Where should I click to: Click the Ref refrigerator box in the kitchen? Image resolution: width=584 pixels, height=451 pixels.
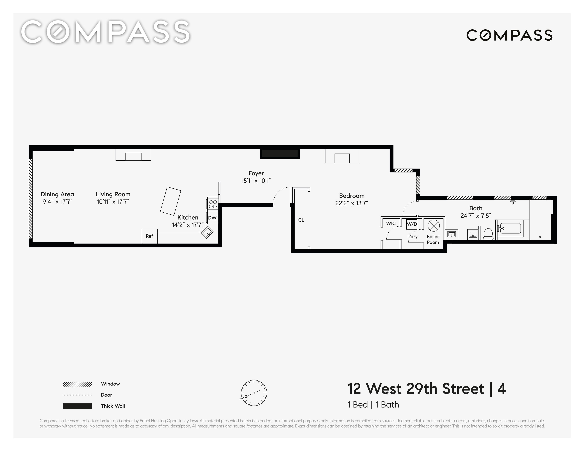click(149, 236)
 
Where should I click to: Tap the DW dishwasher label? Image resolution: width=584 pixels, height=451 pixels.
click(212, 218)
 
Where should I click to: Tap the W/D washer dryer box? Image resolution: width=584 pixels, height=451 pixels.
click(412, 224)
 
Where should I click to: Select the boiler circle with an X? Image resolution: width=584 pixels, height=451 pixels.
click(433, 226)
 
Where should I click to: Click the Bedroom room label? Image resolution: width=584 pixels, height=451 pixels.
click(352, 196)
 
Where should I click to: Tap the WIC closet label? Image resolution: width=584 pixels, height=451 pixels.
click(391, 224)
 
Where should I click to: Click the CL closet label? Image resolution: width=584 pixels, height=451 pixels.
click(301, 220)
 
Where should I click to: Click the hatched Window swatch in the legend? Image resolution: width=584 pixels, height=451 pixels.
click(77, 384)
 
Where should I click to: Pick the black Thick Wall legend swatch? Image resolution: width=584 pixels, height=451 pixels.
click(77, 406)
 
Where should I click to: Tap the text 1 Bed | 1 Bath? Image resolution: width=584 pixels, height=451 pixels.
click(373, 405)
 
